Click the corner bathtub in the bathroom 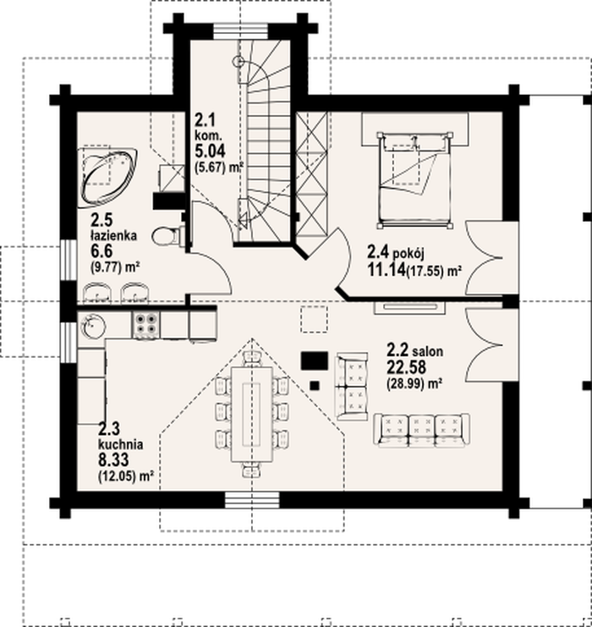pyautogui.click(x=108, y=177)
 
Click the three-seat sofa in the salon pyautogui.click(x=421, y=430)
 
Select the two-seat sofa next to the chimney pyautogui.click(x=352, y=387)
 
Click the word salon pyautogui.click(x=428, y=352)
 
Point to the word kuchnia pyautogui.click(x=121, y=445)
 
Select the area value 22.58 pyautogui.click(x=406, y=367)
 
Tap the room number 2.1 pyautogui.click(x=205, y=119)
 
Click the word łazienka pyautogui.click(x=114, y=235)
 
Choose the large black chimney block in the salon pyautogui.click(x=315, y=360)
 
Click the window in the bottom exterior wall pyautogui.click(x=252, y=500)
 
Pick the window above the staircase pyautogui.click(x=240, y=31)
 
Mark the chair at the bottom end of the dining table pyautogui.click(x=252, y=470)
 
